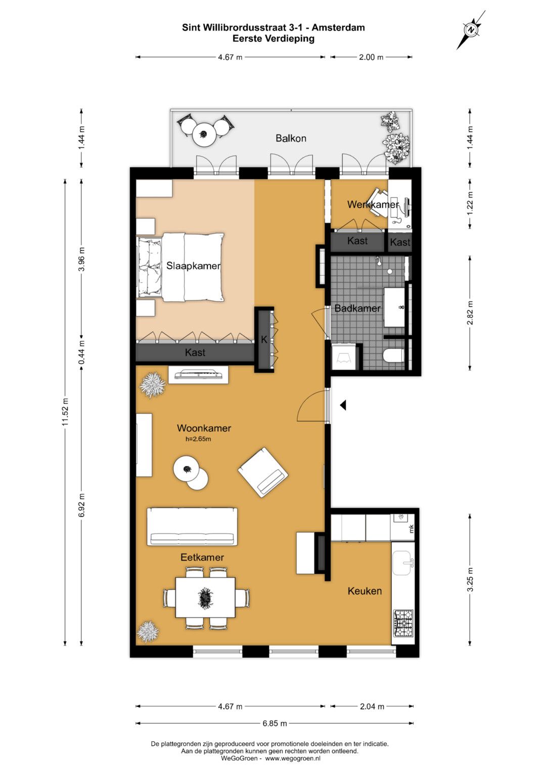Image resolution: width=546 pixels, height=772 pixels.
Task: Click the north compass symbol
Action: [471, 30]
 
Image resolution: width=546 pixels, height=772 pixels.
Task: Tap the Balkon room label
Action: [291, 139]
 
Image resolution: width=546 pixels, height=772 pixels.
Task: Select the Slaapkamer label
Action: [193, 266]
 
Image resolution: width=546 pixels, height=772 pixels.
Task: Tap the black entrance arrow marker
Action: [343, 405]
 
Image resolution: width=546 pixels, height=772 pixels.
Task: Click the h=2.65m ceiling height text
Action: [198, 439]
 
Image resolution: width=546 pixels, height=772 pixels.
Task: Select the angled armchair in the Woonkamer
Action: [263, 472]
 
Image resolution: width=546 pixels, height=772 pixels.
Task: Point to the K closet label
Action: [264, 339]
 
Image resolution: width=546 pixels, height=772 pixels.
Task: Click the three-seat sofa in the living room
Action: [192, 526]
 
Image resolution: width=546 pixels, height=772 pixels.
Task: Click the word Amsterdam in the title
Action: [339, 28]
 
